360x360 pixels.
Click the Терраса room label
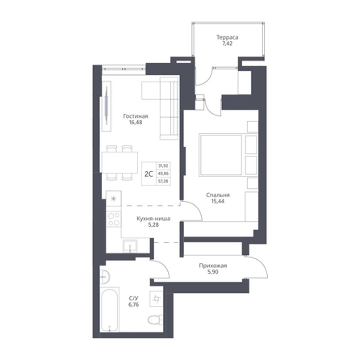(x=228, y=37)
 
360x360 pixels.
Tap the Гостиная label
(x=136, y=116)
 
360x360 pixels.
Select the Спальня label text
(x=218, y=195)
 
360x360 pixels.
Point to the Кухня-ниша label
(x=153, y=219)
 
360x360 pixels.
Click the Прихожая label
(x=213, y=266)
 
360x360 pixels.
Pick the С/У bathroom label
(x=134, y=299)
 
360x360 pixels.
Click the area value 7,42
(x=228, y=44)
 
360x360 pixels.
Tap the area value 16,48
(x=136, y=123)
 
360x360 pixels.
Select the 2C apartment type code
(x=149, y=174)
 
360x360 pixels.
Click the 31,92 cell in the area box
(x=163, y=166)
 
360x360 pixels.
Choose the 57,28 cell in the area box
(x=163, y=182)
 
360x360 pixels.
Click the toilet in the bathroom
(x=156, y=319)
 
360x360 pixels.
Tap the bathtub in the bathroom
(x=109, y=309)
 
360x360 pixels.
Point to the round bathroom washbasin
(x=104, y=276)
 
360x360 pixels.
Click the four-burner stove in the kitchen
(x=114, y=219)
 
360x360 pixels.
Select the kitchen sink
(x=130, y=246)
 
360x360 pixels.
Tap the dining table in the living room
(x=119, y=162)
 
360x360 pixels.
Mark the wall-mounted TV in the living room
(x=107, y=106)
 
